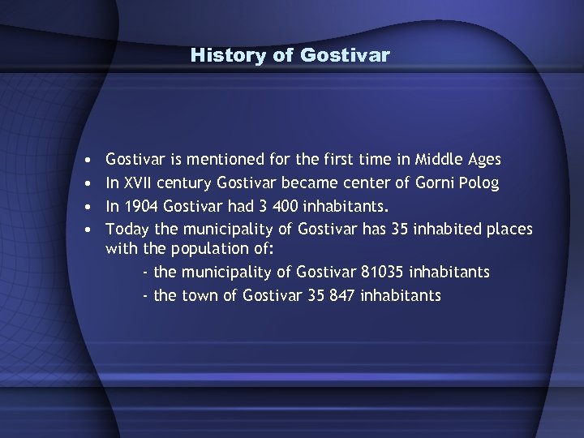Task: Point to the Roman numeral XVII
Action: coord(139,182)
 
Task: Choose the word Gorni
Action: coord(436,182)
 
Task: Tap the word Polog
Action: coord(479,182)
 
